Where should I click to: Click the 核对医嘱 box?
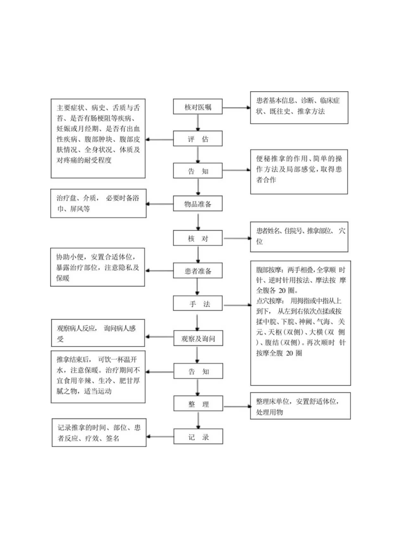198,107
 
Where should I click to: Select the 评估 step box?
198,139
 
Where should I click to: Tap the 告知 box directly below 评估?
198,171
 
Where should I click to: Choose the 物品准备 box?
198,204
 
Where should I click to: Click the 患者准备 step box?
198,271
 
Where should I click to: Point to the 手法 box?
198,304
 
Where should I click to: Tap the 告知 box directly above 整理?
198,371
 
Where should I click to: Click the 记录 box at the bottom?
198,437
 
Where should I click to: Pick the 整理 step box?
198,404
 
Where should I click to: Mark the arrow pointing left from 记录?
160,437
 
